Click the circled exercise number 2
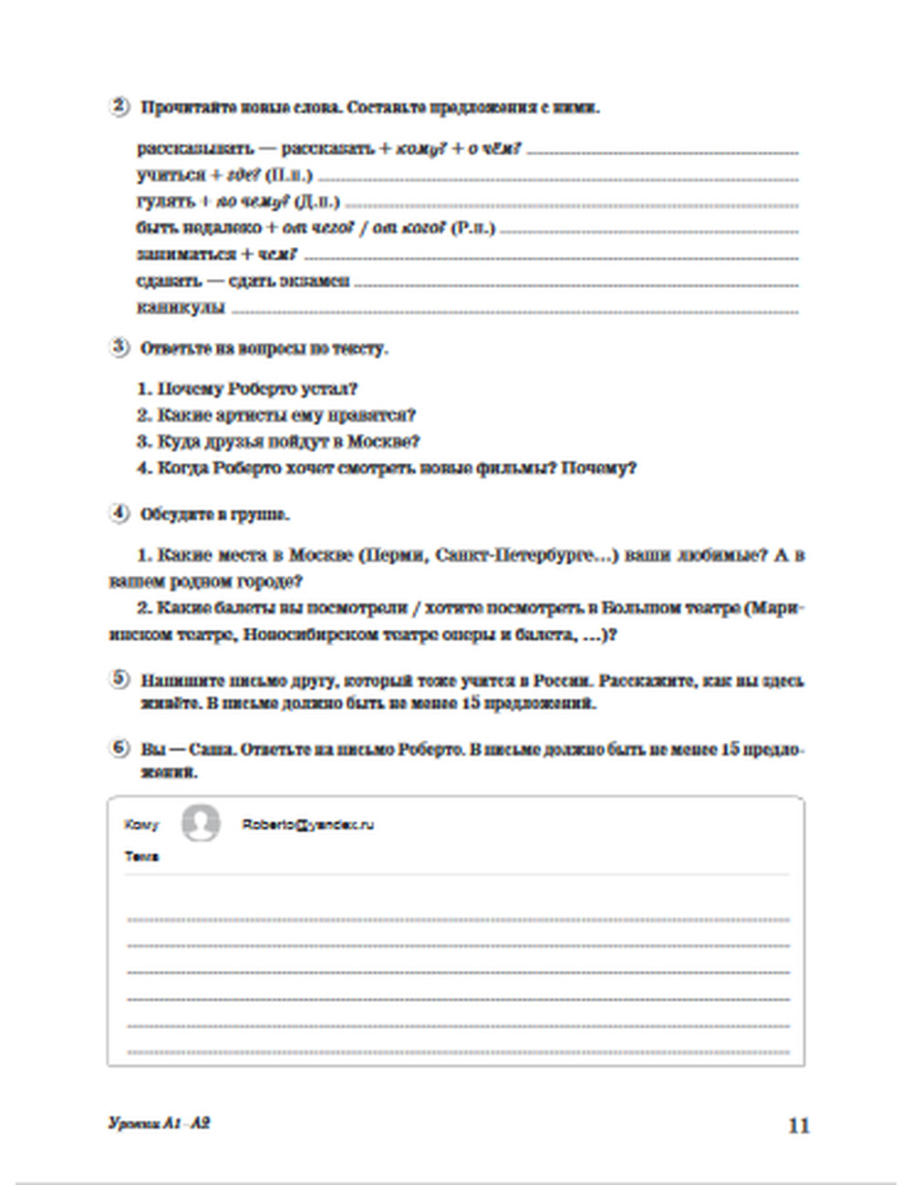[119, 106]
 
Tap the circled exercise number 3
[119, 346]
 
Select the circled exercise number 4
[119, 513]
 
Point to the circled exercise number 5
[119, 679]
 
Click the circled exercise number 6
[119, 747]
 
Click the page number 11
[798, 1126]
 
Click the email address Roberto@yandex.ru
[307, 825]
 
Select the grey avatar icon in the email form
[200, 823]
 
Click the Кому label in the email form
[140, 825]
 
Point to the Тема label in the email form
[141, 857]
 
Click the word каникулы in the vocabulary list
[181, 308]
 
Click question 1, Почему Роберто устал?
[246, 389]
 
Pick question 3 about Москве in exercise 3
[278, 442]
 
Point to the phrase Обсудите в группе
[215, 514]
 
